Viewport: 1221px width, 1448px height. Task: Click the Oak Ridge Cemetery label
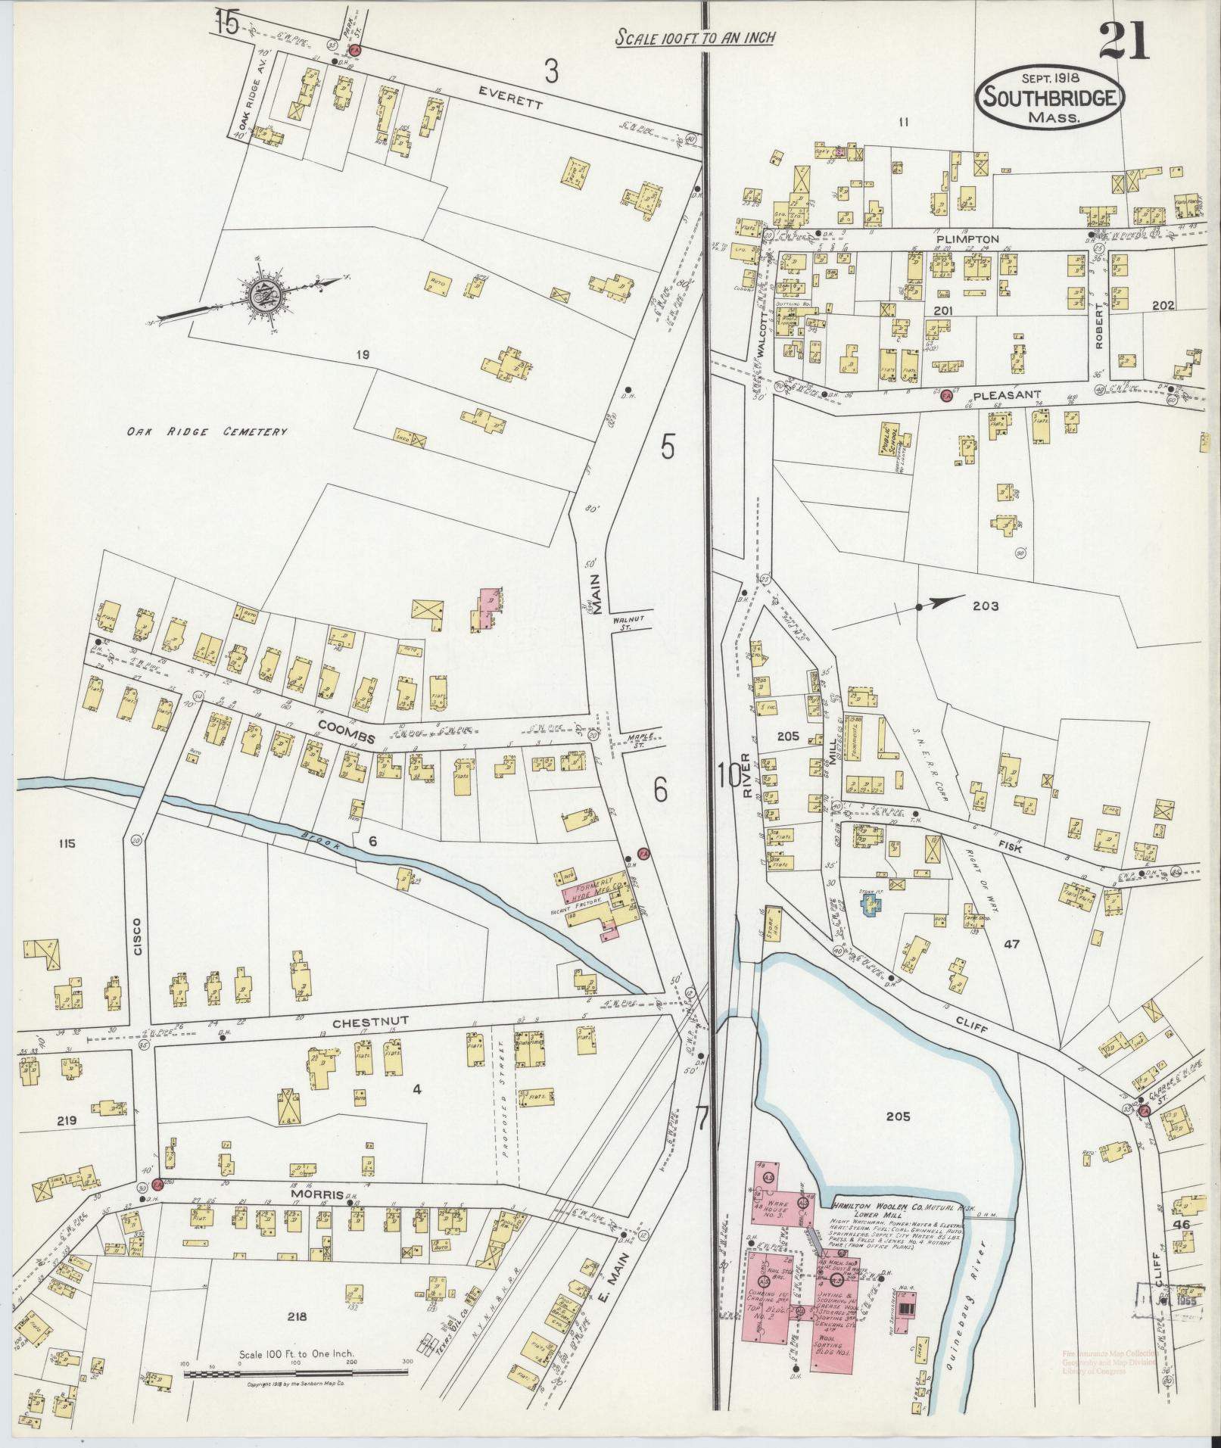click(x=207, y=432)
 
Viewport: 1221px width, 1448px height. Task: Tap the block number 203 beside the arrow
click(x=986, y=606)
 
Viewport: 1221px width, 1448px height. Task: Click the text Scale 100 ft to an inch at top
click(x=693, y=37)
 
